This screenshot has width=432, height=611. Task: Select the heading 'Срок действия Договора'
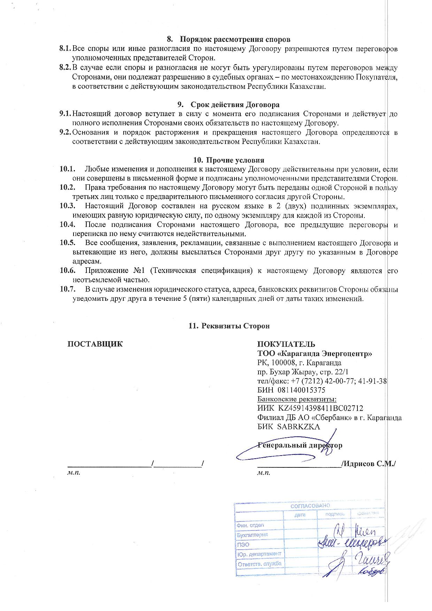(235, 105)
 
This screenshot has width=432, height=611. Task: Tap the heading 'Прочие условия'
(235, 160)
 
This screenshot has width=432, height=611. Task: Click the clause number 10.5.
(68, 243)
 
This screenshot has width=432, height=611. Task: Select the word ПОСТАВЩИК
(95, 344)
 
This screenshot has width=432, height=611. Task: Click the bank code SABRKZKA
(299, 427)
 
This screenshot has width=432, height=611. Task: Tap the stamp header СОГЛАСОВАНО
(310, 506)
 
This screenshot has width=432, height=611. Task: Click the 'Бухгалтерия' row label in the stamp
(252, 535)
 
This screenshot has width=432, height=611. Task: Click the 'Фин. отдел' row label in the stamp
(250, 525)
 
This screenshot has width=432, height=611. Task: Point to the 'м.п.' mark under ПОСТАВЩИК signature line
(74, 473)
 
